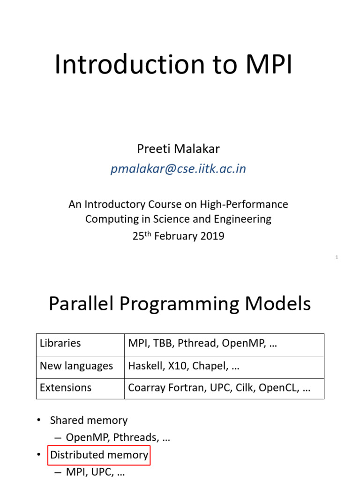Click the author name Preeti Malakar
pyautogui.click(x=178, y=149)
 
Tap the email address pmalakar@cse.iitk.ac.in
pyautogui.click(x=178, y=169)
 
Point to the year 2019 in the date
pyautogui.click(x=213, y=236)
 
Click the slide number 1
pyautogui.click(x=337, y=257)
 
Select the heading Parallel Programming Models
pyautogui.click(x=180, y=304)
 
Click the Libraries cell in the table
pyautogui.click(x=60, y=343)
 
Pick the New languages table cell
pyautogui.click(x=76, y=366)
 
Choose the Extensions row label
pyautogui.click(x=66, y=388)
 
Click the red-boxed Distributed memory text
pyautogui.click(x=99, y=455)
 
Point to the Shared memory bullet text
pyautogui.click(x=89, y=420)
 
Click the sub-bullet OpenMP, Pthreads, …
pyautogui.click(x=118, y=437)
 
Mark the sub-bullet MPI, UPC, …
pyautogui.click(x=95, y=472)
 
